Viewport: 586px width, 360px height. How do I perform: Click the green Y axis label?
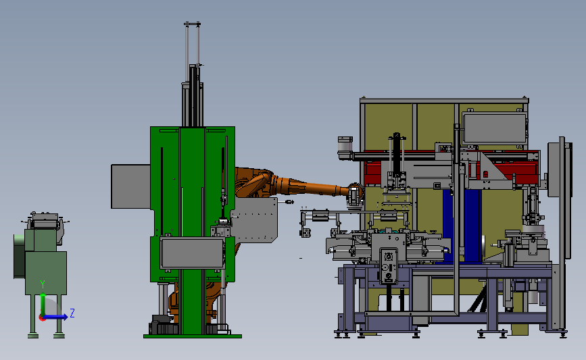point(43,285)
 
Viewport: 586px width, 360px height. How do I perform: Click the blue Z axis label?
point(72,313)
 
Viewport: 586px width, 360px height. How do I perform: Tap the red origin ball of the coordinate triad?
point(42,318)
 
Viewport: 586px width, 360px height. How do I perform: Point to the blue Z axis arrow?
point(55,317)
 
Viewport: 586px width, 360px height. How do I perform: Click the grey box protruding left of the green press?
point(131,186)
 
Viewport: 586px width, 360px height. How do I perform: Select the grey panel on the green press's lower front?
point(192,253)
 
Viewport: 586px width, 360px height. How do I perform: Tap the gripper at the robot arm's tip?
point(355,195)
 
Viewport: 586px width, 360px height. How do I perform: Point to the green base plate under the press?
point(193,336)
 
